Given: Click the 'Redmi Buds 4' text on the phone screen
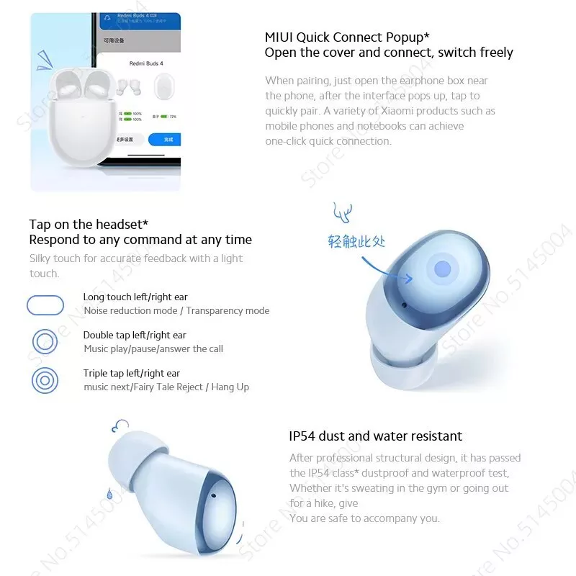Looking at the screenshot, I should click(x=146, y=64).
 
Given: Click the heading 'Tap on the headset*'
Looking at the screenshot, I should click(x=89, y=225).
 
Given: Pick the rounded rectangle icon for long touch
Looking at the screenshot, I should click(x=45, y=305).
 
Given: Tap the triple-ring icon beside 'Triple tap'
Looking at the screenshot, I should click(x=45, y=380).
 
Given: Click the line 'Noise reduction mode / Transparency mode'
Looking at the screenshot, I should click(x=176, y=311).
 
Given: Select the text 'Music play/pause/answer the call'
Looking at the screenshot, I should click(x=153, y=349).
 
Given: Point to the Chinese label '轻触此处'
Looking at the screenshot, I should click(x=357, y=242).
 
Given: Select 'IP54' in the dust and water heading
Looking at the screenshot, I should click(x=302, y=436).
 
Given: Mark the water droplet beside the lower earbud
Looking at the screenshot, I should click(x=109, y=494).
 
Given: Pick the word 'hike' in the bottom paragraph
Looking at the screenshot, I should click(x=327, y=503).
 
